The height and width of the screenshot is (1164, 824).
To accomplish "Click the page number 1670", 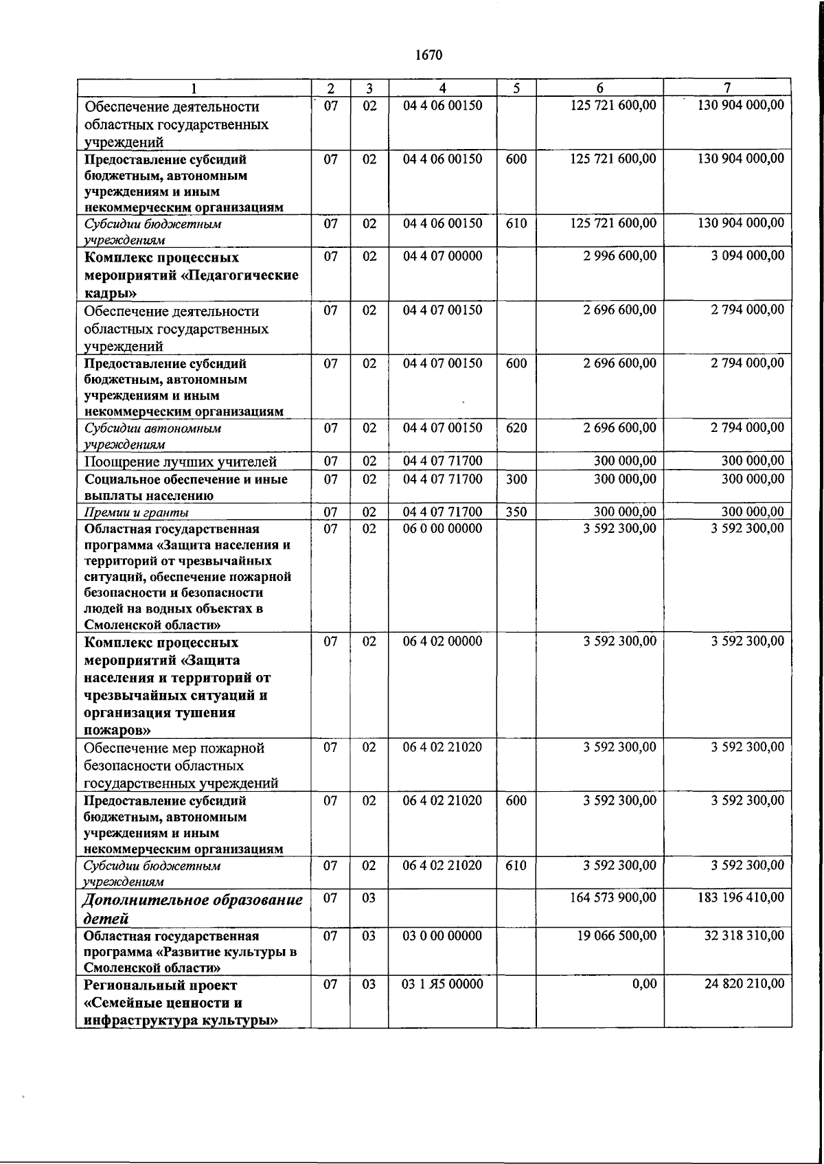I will click(x=429, y=55).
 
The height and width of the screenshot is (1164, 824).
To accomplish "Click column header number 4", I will click(x=442, y=88).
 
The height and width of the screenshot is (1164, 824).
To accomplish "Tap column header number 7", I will click(x=727, y=88).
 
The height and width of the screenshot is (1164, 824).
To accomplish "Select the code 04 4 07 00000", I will click(x=442, y=256).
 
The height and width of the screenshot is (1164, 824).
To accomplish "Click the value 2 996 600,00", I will click(x=619, y=256).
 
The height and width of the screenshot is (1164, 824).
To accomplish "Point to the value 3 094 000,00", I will click(x=747, y=256).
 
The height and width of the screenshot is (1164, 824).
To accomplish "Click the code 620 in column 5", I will click(x=516, y=428).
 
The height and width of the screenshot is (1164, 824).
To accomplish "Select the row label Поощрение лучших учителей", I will click(x=180, y=461).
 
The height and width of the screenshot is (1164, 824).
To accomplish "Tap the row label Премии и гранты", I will click(x=136, y=512).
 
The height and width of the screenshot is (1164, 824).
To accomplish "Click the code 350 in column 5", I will click(x=516, y=512).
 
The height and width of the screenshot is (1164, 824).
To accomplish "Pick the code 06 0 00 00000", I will click(x=442, y=528).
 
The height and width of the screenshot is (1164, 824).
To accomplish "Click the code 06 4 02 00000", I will click(x=442, y=641).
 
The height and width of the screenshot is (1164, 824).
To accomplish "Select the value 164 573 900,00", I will click(x=613, y=898).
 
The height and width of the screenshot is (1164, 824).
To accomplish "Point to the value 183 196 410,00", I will click(x=740, y=898).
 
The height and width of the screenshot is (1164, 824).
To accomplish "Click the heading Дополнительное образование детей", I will click(x=192, y=909).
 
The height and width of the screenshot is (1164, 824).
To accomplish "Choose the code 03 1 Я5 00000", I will click(x=442, y=984).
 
